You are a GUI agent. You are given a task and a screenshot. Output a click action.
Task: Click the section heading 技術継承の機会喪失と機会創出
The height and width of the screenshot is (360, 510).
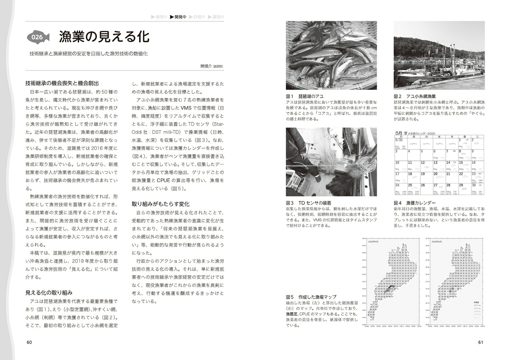coord(62,83)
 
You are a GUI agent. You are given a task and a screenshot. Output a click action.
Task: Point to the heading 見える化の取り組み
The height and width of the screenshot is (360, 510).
coord(49,292)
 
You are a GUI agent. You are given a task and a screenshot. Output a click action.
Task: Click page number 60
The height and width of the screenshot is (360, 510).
coord(29,342)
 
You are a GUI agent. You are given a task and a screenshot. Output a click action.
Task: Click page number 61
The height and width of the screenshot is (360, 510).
coord(481,342)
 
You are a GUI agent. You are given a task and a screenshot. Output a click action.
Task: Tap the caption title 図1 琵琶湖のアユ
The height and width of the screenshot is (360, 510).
coord(305,96)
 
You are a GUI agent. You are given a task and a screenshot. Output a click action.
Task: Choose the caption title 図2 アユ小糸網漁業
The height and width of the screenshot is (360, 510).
coord(415,96)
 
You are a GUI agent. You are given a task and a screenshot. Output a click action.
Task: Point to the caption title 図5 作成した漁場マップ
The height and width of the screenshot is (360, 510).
coord(311,297)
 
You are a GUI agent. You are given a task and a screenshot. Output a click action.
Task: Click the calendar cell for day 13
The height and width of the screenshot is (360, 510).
coord(438,166)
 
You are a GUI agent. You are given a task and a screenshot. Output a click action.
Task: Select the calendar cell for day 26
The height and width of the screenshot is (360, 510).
coord(426,189)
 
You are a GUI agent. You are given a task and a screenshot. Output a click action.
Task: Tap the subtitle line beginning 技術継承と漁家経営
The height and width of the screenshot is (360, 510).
coord(88,54)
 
